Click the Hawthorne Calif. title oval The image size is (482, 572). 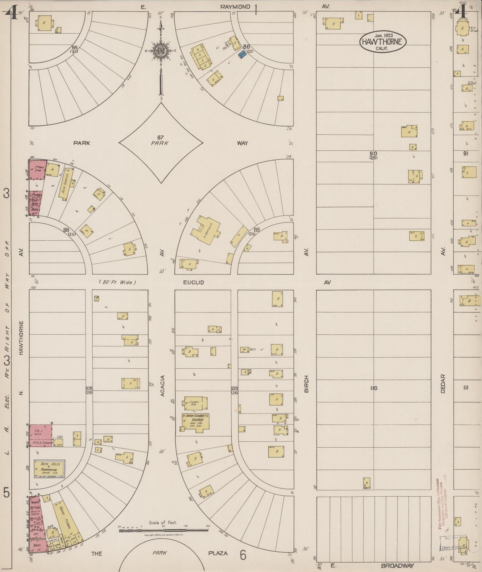tap(383, 42)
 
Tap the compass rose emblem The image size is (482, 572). tap(161, 50)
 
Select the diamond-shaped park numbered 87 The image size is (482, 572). tap(161, 143)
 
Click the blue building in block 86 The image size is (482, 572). tap(242, 54)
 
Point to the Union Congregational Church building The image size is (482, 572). tap(196, 422)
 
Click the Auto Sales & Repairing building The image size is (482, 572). tap(49, 468)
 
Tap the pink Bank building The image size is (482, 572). tap(38, 545)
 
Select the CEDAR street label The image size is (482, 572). tap(443, 384)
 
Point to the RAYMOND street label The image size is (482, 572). tap(235, 7)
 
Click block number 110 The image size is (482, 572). tap(374, 388)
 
